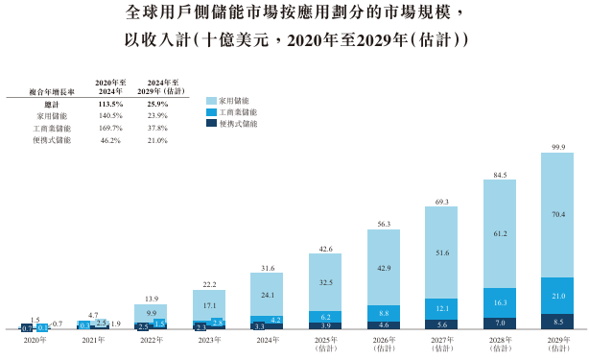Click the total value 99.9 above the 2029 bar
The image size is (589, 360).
click(556, 146)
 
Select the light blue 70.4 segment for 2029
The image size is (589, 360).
click(556, 216)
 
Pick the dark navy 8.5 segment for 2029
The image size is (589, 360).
click(556, 321)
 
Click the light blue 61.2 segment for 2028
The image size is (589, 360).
click(498, 233)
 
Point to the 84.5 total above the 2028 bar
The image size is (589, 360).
click(498, 174)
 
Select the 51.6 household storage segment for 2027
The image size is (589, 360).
click(440, 252)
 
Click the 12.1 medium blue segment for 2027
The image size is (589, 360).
click(440, 308)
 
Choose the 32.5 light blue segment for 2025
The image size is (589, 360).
click(324, 282)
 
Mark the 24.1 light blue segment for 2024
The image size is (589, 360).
click(266, 295)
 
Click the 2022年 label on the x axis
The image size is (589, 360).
click(150, 340)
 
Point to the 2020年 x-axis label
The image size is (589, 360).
click(34, 340)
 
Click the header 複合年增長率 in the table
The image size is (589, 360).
click(39, 91)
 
